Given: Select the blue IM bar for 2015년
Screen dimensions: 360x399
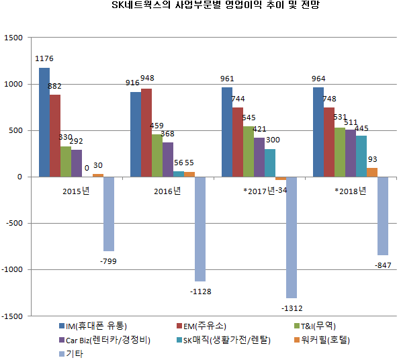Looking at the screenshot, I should (44, 122).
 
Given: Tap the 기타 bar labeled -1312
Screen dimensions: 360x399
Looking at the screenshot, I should (292, 237).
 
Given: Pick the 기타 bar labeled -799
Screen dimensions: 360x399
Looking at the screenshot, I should (109, 214).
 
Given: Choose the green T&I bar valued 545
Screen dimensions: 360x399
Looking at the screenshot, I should (249, 152).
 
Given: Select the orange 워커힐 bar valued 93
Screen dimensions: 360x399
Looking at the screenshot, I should (372, 173).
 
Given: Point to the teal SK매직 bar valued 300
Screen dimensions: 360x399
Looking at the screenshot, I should (270, 163).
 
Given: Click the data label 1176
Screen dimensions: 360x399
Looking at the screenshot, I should (44, 60).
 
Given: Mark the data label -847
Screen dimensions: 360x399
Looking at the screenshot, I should (383, 264).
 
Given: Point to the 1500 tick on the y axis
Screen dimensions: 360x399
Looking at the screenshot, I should (13, 38).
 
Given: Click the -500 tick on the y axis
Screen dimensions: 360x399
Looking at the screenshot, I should (13, 223).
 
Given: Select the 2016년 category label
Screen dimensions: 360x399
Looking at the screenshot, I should (167, 191).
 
